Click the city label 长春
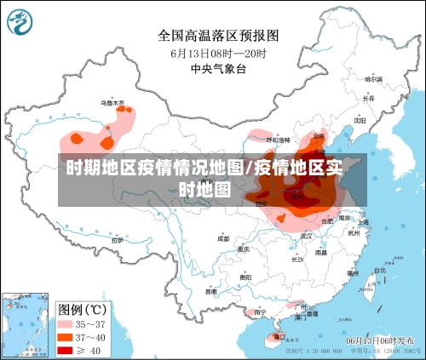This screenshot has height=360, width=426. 368,98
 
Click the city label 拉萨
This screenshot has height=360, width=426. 117,240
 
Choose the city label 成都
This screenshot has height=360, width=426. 222,239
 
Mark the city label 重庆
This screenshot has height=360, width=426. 245,250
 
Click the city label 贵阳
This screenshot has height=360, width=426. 245,277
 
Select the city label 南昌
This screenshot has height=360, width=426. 320,252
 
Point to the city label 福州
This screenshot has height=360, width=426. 350,274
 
